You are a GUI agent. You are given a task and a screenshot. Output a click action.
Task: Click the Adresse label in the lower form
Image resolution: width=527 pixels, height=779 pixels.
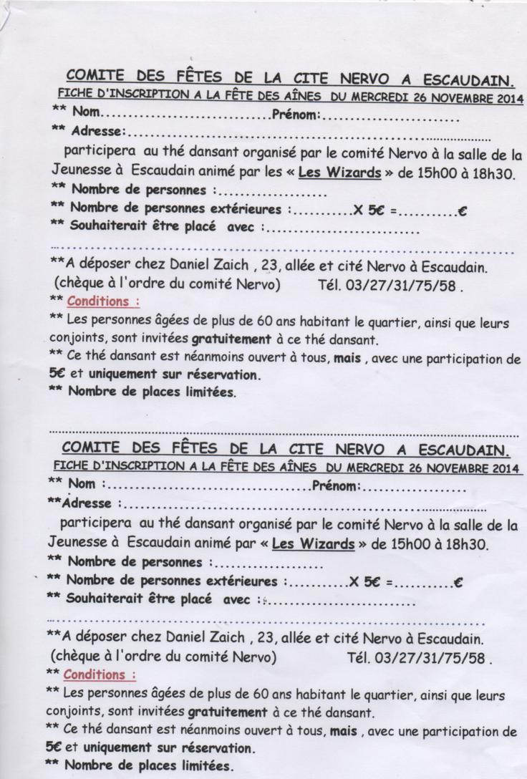click(85, 504)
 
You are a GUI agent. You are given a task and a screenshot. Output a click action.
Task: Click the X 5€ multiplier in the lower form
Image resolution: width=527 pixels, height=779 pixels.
click(364, 581)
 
